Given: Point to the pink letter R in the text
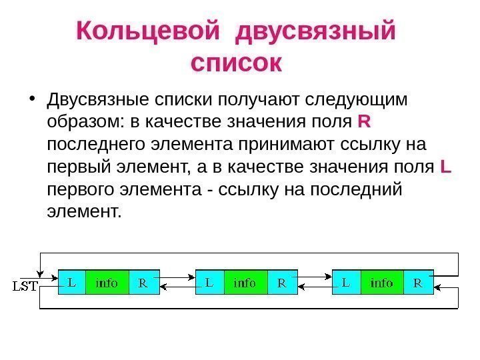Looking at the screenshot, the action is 364,122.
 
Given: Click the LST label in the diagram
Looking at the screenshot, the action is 27,287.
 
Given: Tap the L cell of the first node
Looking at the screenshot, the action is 72,283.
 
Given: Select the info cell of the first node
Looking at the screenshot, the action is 107,283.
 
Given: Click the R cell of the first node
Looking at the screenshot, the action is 143,283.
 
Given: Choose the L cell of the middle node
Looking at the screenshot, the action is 209,283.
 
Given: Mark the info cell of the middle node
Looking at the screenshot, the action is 245,283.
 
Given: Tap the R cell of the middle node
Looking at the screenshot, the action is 282,283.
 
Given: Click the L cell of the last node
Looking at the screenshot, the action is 346,283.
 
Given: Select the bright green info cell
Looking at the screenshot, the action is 382,283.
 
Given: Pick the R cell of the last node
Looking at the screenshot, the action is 418,283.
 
